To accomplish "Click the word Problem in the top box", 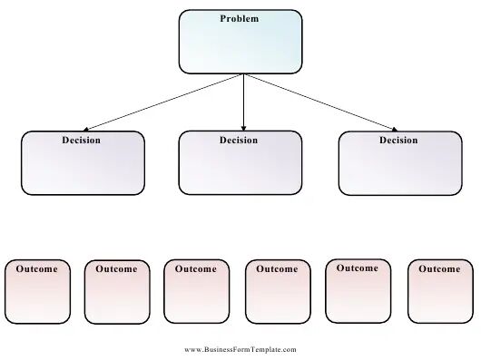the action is (240, 19).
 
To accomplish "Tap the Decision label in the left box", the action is (82, 141).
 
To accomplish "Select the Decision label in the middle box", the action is (239, 141).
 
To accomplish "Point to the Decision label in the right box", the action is (398, 141).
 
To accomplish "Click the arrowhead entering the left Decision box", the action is (86, 130).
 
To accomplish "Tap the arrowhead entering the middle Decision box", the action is (243, 128).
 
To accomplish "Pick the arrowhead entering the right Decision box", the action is (394, 130).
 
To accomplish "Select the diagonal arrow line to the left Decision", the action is (163, 102).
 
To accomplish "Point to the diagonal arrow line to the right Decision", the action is (320, 102).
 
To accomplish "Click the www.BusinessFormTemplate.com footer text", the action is (240, 350).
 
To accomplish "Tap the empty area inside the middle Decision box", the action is (240, 169).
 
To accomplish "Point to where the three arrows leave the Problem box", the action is (244, 73).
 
